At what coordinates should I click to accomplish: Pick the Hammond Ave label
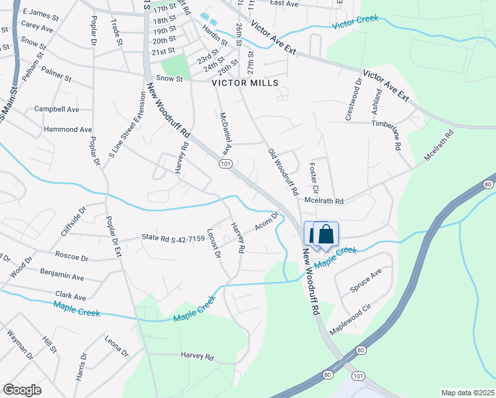point(68,129)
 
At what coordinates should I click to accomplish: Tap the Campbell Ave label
point(57,109)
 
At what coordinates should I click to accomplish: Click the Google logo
point(22,390)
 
